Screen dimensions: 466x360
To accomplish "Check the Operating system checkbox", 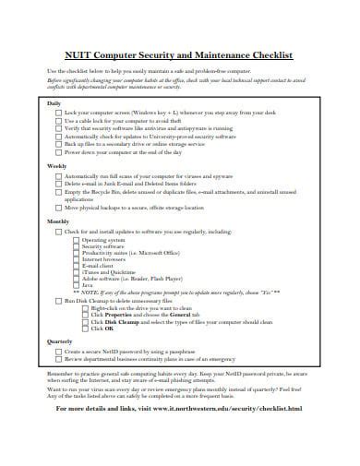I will click(x=77, y=240).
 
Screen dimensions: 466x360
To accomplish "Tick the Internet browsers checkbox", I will click(x=77, y=260).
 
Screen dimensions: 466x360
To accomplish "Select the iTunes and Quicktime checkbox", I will click(x=77, y=273).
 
